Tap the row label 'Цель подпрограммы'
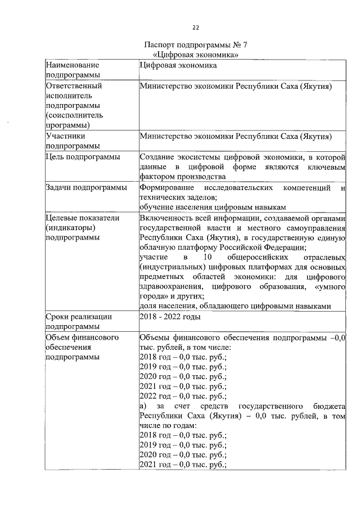[x=83, y=157]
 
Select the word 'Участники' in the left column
[x=66, y=136]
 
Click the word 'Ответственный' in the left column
[x=74, y=86]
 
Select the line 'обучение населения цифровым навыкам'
[x=214, y=207]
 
